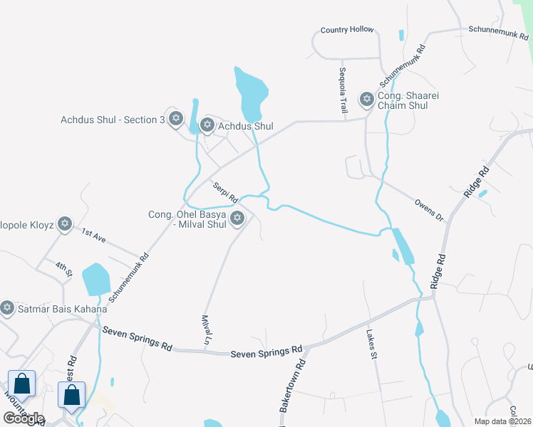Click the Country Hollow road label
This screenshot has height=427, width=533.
347,30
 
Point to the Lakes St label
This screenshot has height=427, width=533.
371,344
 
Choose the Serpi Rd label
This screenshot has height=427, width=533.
225,191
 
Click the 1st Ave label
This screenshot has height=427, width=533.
93,236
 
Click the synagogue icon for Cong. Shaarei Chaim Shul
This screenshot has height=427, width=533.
367,99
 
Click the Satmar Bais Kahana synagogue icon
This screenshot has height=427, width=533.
7,308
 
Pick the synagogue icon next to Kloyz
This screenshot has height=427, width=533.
65,225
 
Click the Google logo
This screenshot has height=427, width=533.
24,418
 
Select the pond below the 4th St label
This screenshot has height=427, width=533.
95,279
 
